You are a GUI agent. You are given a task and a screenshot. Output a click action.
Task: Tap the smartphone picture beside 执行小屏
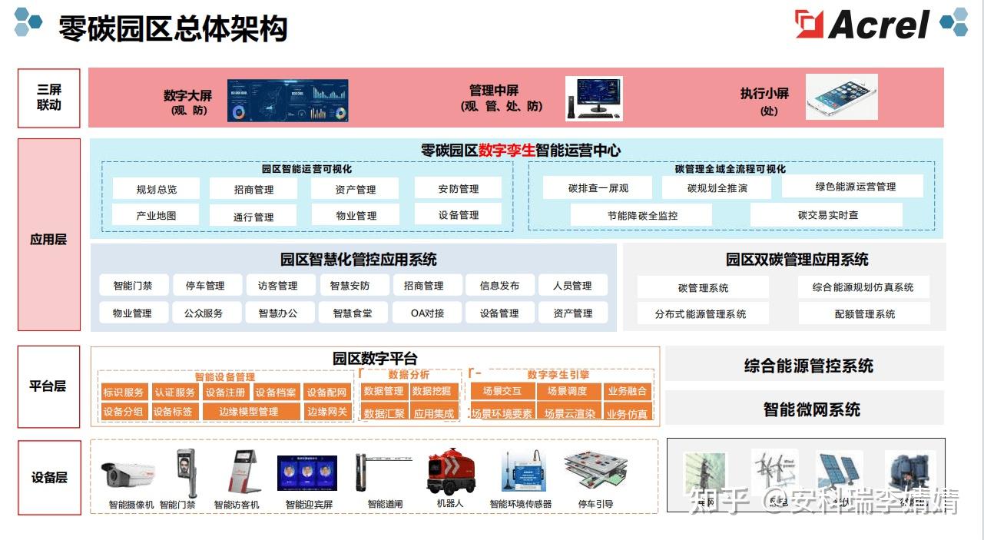pyautogui.click(x=841, y=97)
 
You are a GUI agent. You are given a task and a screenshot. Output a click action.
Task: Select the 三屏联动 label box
pyautogui.click(x=49, y=98)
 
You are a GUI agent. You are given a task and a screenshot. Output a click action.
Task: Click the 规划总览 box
pyautogui.click(x=156, y=189)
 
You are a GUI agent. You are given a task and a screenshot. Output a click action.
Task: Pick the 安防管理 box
pyautogui.click(x=458, y=188)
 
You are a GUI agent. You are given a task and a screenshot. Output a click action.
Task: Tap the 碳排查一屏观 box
pyautogui.click(x=598, y=188)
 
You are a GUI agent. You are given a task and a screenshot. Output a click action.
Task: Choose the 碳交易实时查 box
pyautogui.click(x=827, y=215)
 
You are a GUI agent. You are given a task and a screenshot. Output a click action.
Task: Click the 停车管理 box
pyautogui.click(x=205, y=286)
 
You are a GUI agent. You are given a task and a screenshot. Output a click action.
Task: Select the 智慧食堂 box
pyautogui.click(x=352, y=313)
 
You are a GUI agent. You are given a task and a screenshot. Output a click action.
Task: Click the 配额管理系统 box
pyautogui.click(x=864, y=313)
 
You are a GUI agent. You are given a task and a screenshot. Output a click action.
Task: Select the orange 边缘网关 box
pyautogui.click(x=327, y=412)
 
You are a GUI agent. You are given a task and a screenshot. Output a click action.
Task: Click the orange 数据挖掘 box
pyautogui.click(x=432, y=392)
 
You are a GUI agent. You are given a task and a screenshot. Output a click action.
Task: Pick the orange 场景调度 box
pyautogui.click(x=567, y=392)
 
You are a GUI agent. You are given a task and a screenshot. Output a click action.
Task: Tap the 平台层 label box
pyautogui.click(x=48, y=386)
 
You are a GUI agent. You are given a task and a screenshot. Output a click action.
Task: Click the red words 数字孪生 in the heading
pyautogui.click(x=506, y=151)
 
